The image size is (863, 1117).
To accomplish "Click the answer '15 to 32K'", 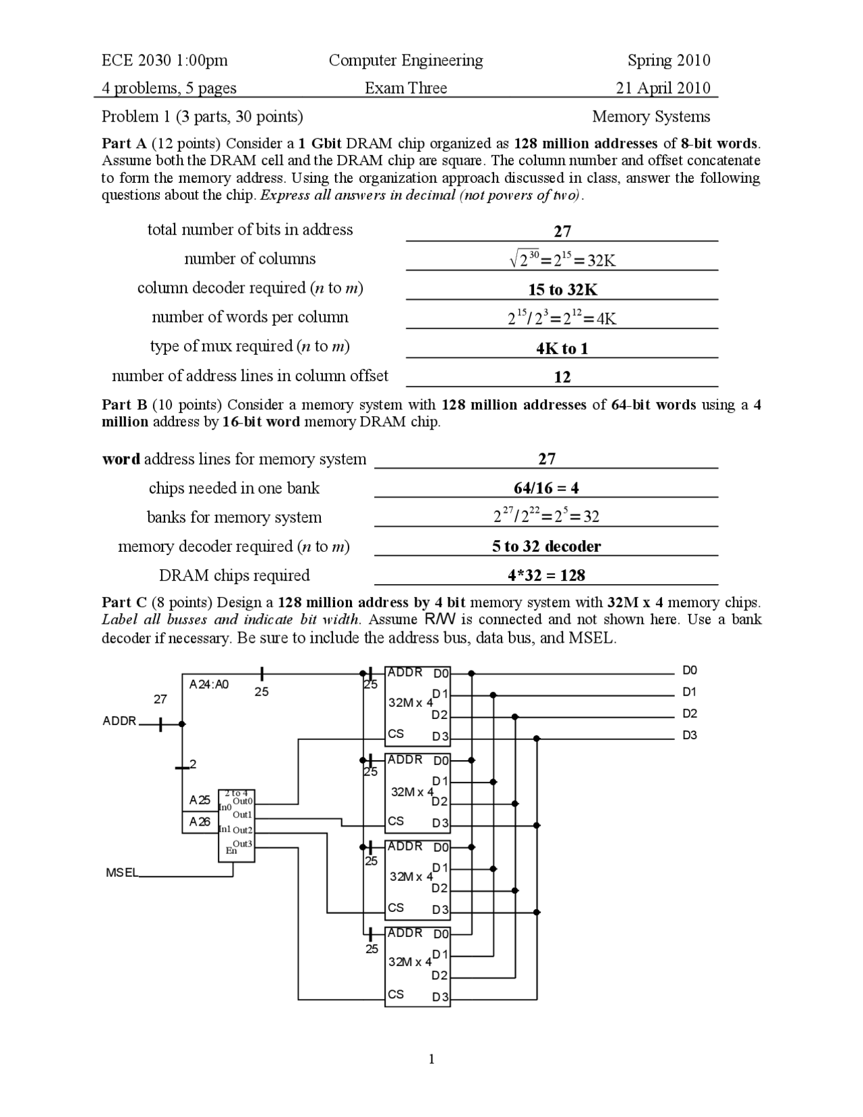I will point(562,290).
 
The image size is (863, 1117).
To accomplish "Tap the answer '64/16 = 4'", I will point(546,488).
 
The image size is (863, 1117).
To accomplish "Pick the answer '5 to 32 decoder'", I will point(546,546).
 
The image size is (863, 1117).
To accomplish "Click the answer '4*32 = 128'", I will point(546,575).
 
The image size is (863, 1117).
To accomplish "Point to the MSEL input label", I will point(121,873).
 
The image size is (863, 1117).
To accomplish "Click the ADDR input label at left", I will point(119,721).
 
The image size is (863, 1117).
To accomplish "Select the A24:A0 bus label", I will point(209,685).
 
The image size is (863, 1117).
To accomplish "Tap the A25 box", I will point(200,801).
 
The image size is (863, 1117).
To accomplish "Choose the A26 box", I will point(200,822).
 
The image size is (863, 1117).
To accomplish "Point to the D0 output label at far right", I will point(689,670).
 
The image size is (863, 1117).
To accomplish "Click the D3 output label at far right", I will point(689,735).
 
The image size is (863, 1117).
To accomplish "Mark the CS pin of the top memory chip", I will point(396,734).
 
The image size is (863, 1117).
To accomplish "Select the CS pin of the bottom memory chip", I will point(396,994).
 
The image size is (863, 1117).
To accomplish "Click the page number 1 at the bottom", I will point(431,1059).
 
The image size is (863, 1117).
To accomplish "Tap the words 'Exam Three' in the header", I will point(406,88).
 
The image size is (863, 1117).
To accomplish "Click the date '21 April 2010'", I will point(663,88).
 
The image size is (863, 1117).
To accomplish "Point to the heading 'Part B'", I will point(124,405).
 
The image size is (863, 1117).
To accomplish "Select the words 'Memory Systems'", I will point(651,117).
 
